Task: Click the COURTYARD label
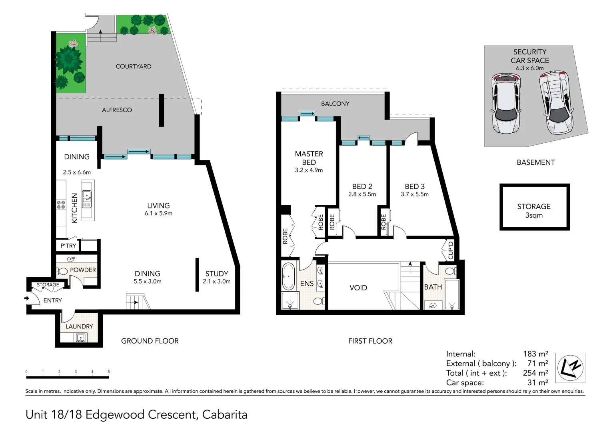coord(134,66)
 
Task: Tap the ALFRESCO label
coord(117,110)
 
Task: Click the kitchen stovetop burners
coord(61,205)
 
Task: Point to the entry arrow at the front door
coord(26,298)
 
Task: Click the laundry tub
coord(81,338)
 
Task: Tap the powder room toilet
coord(62,271)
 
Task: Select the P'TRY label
coord(68,246)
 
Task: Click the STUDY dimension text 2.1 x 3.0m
coord(217,281)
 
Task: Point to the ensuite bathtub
coord(288,276)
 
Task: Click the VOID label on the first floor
coord(358,288)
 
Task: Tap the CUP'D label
coord(450,250)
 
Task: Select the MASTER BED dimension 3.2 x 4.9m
coord(309,170)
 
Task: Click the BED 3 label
coord(415,186)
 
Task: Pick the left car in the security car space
coord(506,103)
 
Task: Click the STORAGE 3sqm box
coord(534,207)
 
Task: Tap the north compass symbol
coord(570,368)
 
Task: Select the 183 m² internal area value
coord(535,354)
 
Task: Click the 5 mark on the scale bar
coord(108,372)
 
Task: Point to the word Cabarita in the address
coord(225,414)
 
